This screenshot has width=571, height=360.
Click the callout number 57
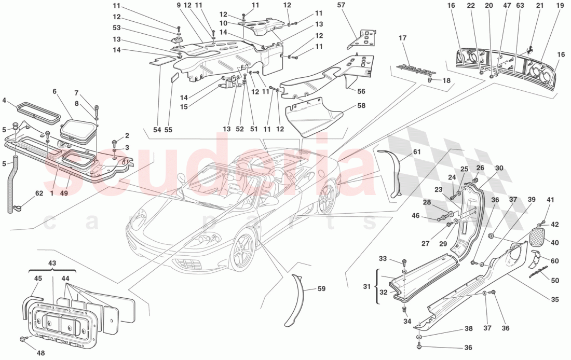[341, 5]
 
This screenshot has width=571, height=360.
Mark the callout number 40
[554, 242]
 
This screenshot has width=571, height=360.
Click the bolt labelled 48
[23, 339]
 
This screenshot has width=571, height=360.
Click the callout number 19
[560, 5]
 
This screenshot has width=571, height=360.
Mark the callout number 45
[38, 279]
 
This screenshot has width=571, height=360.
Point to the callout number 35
[555, 299]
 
